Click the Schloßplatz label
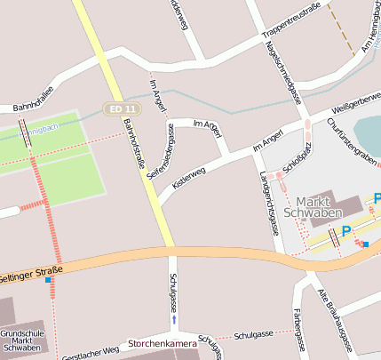[295, 156]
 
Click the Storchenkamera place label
[162, 342]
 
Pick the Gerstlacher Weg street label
[91, 353]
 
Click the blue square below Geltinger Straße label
[48, 281]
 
